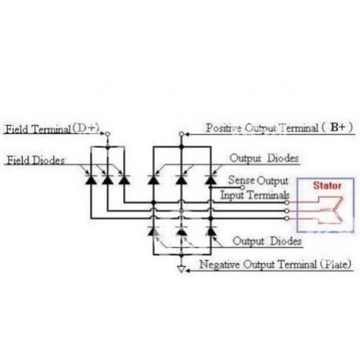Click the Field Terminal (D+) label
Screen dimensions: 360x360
click(x=52, y=129)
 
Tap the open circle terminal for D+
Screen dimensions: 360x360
click(x=107, y=134)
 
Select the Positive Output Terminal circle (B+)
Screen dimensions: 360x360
click(x=182, y=134)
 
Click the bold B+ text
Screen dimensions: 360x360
click(x=338, y=127)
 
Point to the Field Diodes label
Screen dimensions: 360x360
click(x=36, y=160)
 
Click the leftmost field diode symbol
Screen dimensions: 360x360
click(x=91, y=180)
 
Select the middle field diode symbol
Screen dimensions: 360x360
click(x=107, y=180)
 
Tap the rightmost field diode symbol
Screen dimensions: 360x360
click(x=124, y=180)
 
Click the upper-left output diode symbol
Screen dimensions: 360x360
click(x=153, y=180)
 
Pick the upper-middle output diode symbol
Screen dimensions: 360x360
click(x=182, y=180)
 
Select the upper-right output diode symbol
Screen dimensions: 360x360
click(x=211, y=180)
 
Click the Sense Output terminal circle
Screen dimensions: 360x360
click(x=243, y=187)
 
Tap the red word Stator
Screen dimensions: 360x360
click(x=327, y=185)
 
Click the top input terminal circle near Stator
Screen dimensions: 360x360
click(x=286, y=203)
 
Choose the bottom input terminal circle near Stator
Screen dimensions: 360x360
click(x=286, y=218)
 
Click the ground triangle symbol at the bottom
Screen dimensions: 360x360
click(x=182, y=269)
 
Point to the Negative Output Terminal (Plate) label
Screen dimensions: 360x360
click(x=275, y=265)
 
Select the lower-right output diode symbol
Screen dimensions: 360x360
click(x=211, y=231)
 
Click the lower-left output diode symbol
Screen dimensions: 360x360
click(x=153, y=231)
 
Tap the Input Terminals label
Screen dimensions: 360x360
click(x=255, y=195)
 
